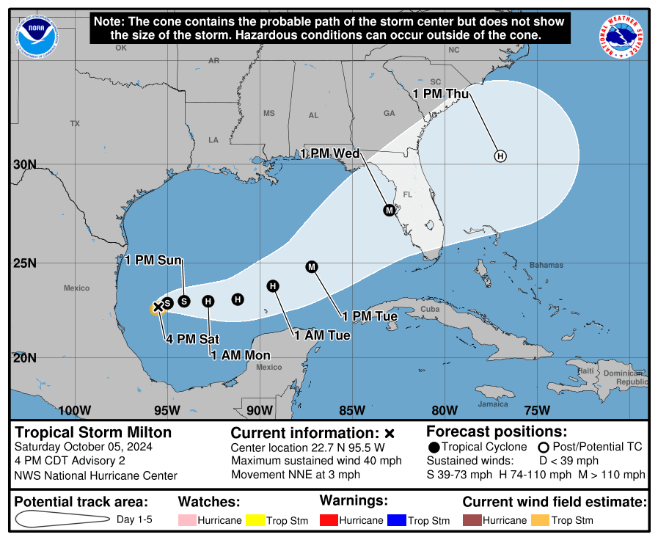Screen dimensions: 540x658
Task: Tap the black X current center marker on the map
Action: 157,307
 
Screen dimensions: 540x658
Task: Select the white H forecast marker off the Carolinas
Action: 500,156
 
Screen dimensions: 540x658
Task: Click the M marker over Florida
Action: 390,211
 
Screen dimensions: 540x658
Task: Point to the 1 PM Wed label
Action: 330,153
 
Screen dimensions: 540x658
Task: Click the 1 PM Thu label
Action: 441,94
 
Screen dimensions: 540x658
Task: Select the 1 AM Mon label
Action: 241,355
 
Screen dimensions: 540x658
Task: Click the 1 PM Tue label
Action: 370,316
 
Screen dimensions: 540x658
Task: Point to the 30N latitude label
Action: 24,164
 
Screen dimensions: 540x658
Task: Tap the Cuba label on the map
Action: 429,309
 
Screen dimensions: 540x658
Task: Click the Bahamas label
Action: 546,265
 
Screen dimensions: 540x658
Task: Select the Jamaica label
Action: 493,404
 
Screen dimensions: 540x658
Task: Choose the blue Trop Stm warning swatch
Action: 395,520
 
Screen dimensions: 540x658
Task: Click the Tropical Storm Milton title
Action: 93,432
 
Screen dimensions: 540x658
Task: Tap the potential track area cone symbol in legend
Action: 62,519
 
